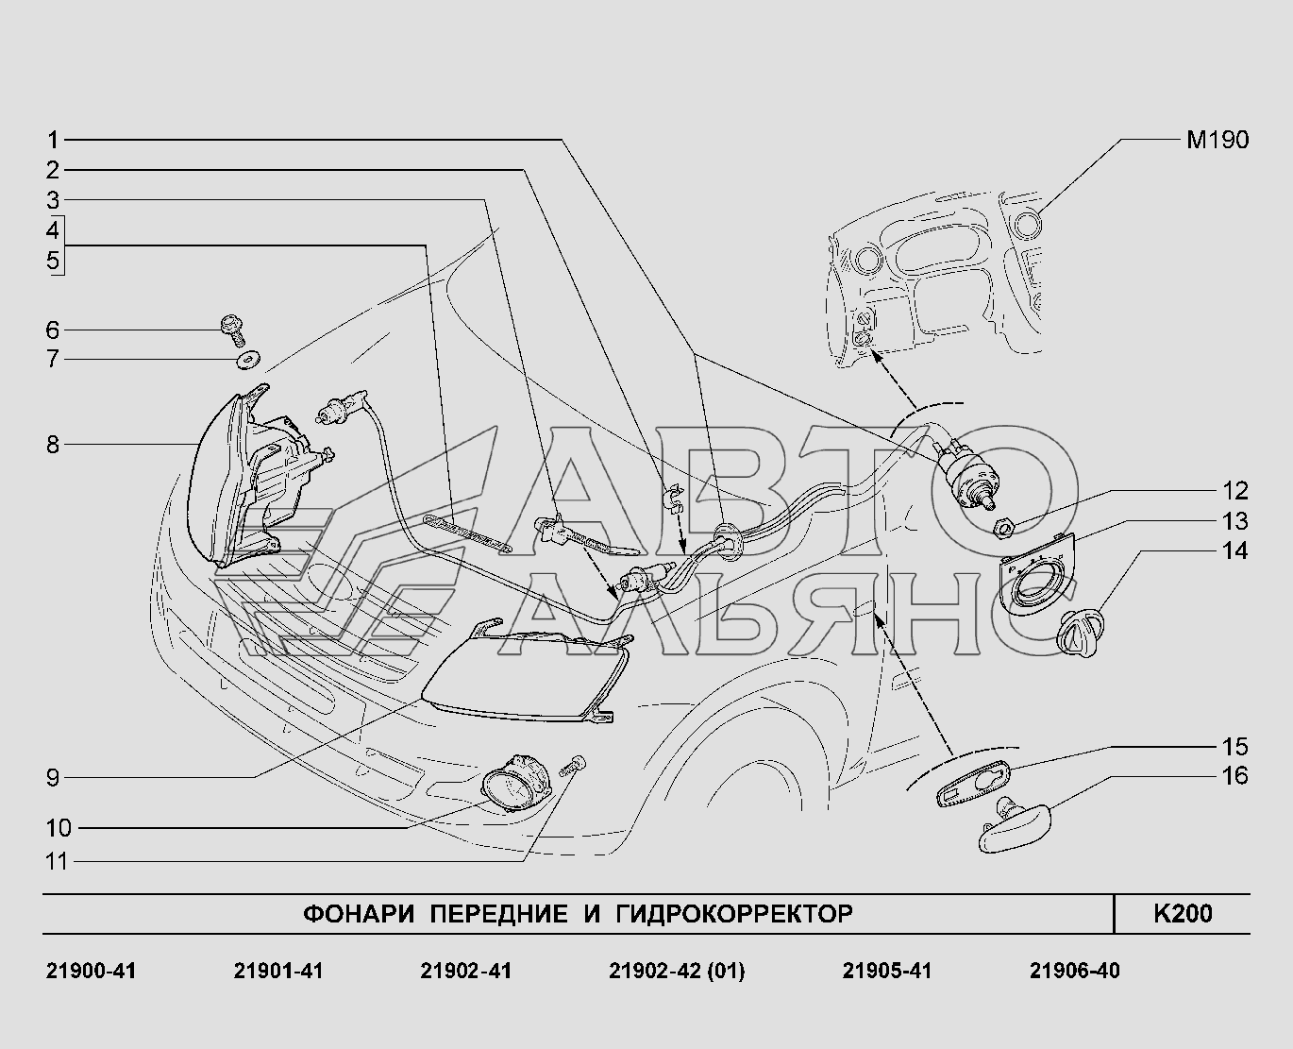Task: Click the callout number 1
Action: [53, 141]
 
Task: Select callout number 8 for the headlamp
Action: [53, 446]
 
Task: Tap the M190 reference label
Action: [1217, 141]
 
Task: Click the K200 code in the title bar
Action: [1183, 914]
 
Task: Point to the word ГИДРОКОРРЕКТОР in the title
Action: [734, 914]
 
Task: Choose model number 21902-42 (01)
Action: [677, 971]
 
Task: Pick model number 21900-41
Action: [91, 971]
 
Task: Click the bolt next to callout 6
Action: [232, 330]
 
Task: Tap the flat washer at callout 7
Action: [247, 360]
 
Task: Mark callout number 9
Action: [53, 778]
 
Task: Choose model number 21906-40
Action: [1074, 971]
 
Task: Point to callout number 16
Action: [1235, 776]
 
